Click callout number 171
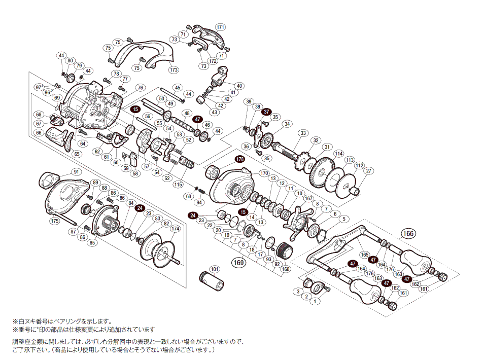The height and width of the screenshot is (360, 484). [x=220, y=27]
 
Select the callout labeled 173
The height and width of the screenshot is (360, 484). [x=174, y=69]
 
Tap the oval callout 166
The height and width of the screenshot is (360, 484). [x=408, y=234]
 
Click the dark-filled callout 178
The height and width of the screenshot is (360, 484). [x=240, y=159]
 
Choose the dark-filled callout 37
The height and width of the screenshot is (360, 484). [x=267, y=112]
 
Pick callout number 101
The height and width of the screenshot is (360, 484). [x=214, y=269]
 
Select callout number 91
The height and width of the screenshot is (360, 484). [x=77, y=171]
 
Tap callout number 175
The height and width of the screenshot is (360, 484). [x=54, y=221]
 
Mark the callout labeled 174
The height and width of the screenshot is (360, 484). [x=175, y=229]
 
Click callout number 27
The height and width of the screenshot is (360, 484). [x=369, y=171]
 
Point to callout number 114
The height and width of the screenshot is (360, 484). [x=339, y=154]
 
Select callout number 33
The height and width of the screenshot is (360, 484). [x=303, y=133]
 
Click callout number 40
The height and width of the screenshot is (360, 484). [x=239, y=86]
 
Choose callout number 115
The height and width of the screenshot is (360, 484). [x=178, y=184]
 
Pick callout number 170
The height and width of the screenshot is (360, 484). [x=264, y=173]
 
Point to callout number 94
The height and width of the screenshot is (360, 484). [x=199, y=202]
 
